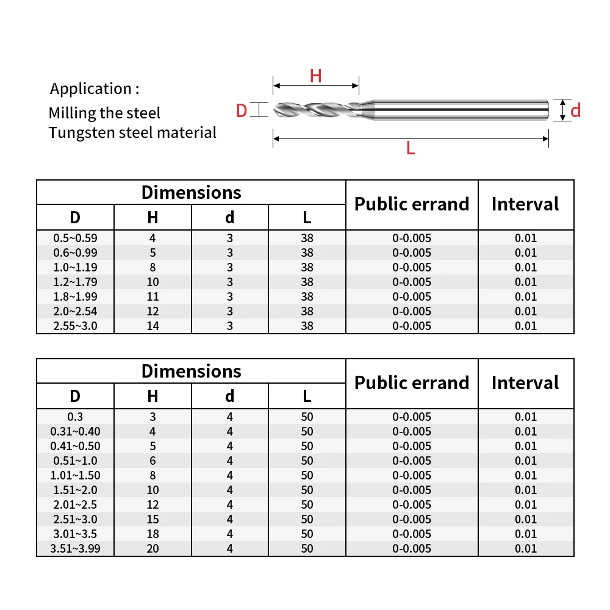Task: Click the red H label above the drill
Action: coord(315,76)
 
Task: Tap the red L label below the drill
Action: coord(411,148)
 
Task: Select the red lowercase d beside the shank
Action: coord(575,110)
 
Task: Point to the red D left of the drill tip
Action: coord(242,110)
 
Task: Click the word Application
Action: coord(91,88)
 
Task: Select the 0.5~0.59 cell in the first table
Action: coord(75,238)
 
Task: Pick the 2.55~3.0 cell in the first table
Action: coord(75,326)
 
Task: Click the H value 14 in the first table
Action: coord(152,326)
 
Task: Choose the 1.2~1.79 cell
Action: coord(75,282)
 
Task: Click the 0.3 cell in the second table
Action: coord(75,417)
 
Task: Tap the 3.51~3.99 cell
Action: coord(75,548)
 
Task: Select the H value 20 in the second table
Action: coord(152,548)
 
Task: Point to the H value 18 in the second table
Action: coord(152,534)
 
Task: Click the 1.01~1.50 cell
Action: coord(75,475)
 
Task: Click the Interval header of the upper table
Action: coord(525,204)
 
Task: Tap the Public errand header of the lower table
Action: coord(412,383)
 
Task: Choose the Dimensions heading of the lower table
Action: coord(191,371)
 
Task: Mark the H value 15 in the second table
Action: coord(152,519)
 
